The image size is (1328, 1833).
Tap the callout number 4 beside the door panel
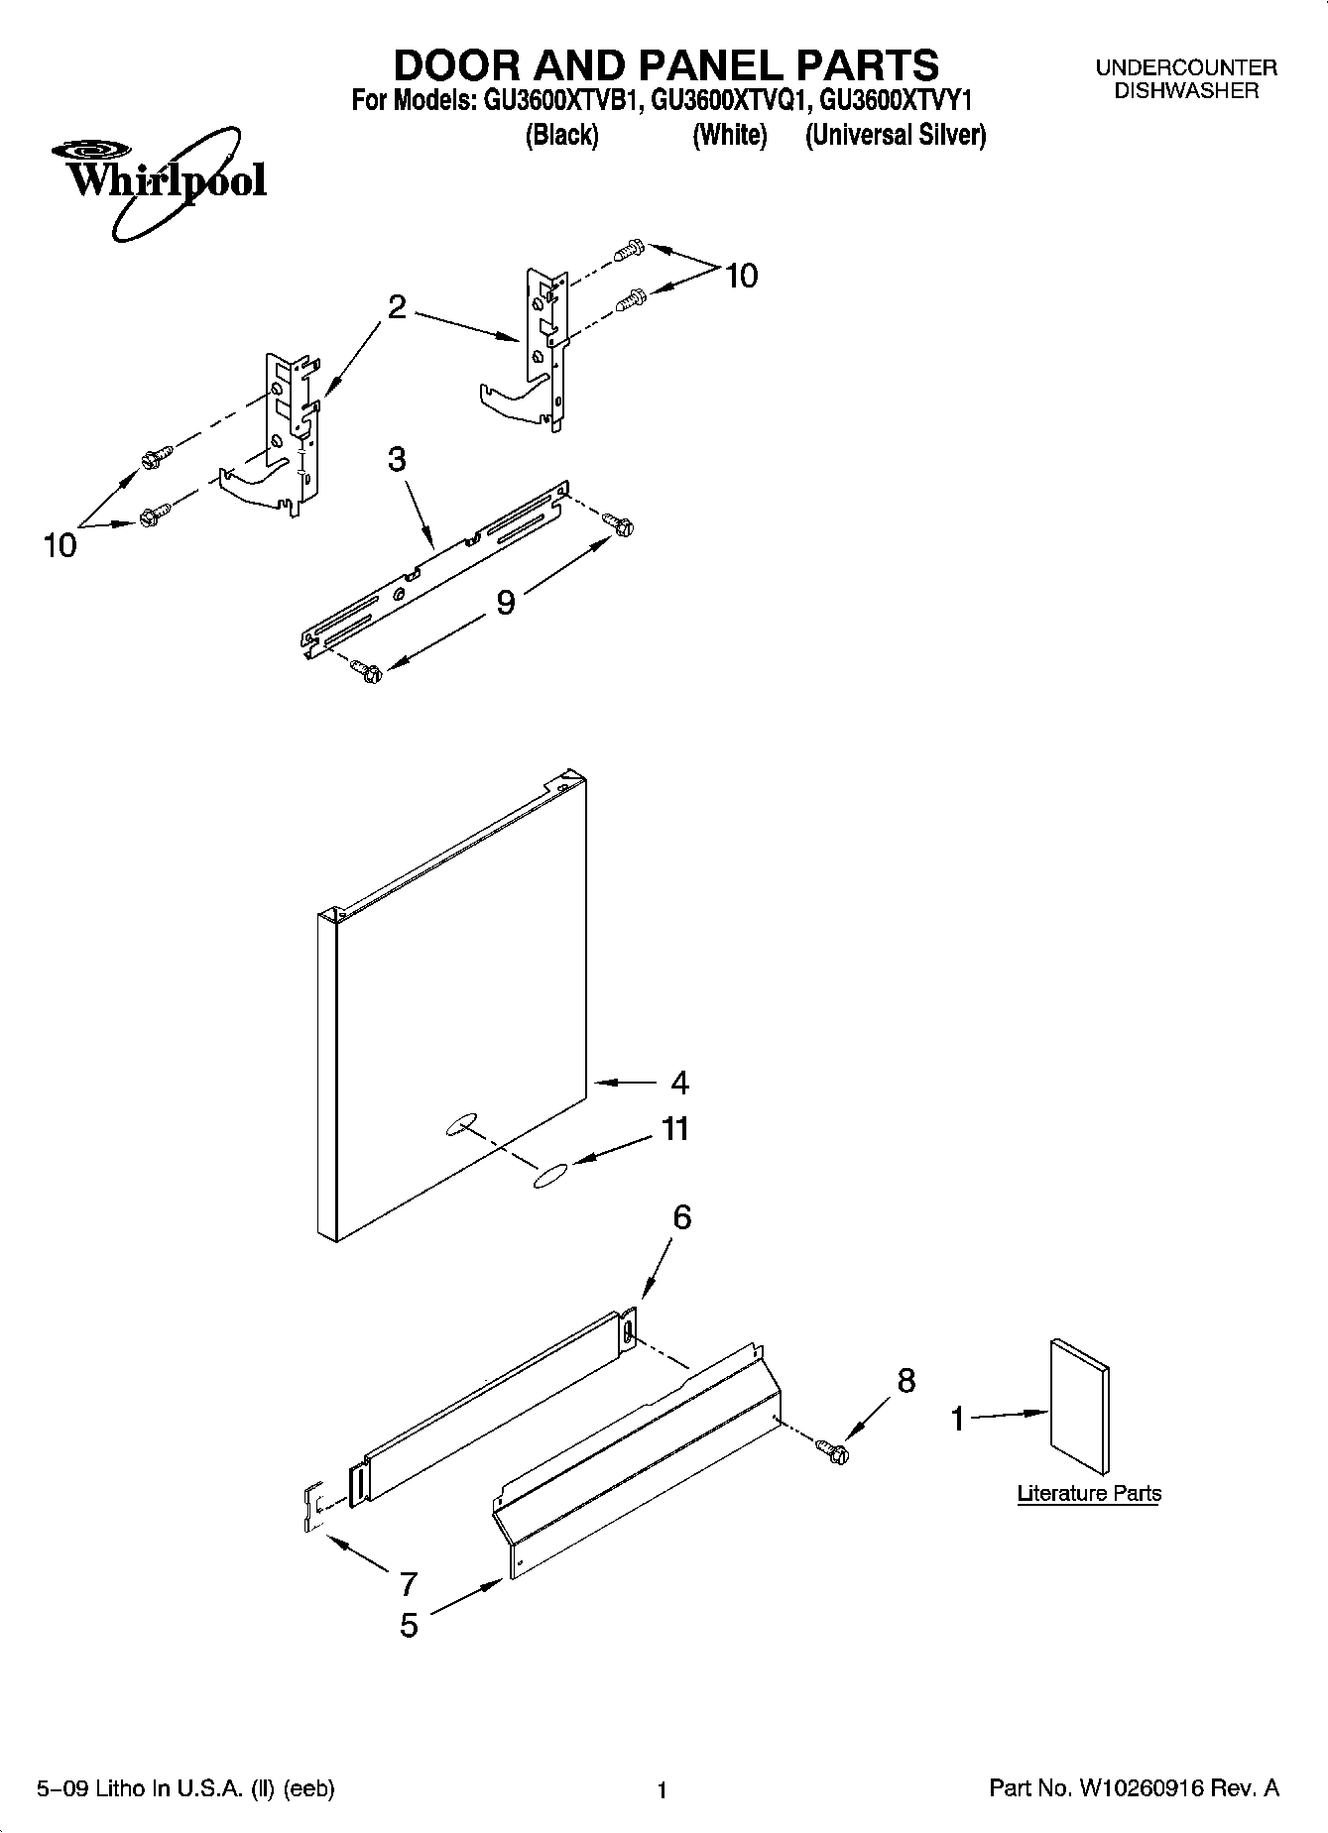pos(679,1083)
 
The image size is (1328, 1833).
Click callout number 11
pos(675,1129)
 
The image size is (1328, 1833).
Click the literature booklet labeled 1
pos(1079,1407)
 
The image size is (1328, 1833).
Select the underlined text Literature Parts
pos(1089,1494)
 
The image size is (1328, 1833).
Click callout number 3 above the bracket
pos(397,460)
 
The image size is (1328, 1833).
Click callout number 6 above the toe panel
pos(682,1217)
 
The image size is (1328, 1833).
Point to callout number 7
pos(408,1582)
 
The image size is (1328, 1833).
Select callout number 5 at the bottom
pos(409,1626)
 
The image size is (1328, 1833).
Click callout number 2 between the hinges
pos(397,307)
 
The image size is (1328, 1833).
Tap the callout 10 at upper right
pos(741,276)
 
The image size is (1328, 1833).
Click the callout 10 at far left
pos(60,545)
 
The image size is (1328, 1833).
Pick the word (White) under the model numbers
pos(730,135)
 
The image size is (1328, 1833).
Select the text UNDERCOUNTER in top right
pos(1185,68)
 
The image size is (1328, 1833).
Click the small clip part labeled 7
pos(312,1508)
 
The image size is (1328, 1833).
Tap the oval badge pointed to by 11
pos(548,1176)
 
